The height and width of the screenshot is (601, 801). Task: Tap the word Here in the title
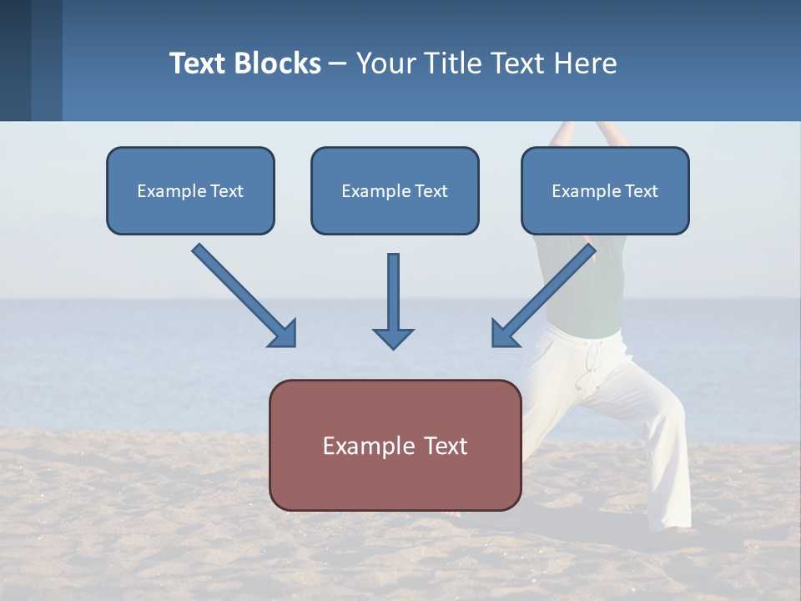[x=583, y=63]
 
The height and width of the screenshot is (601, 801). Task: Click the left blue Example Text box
[x=190, y=190]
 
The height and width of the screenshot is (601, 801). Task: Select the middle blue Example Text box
[x=395, y=190]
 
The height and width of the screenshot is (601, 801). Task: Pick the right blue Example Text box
[x=605, y=190]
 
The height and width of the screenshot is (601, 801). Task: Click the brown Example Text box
[x=395, y=445]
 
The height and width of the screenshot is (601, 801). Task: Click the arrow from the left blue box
[x=242, y=293]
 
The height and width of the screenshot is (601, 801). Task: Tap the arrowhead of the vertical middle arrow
[x=393, y=337]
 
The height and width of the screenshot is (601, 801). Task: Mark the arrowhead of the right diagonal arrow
[x=506, y=333]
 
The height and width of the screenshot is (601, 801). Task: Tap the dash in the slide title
[x=338, y=64]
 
